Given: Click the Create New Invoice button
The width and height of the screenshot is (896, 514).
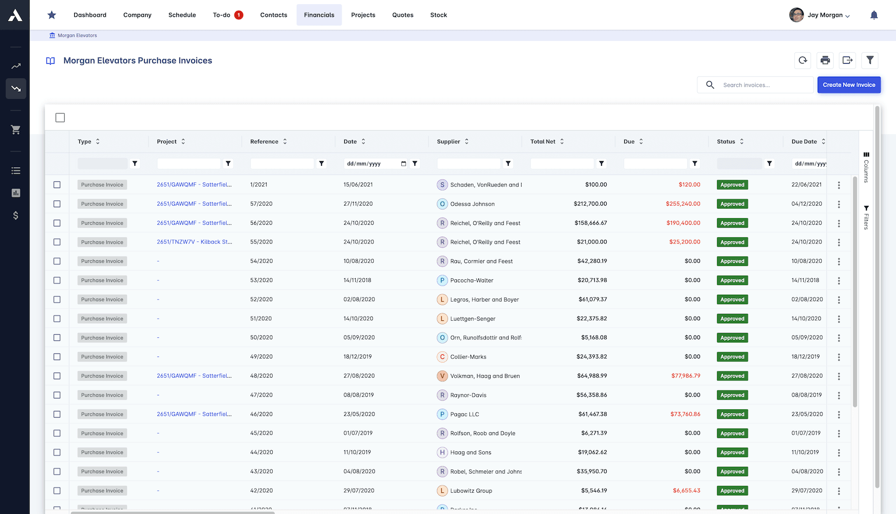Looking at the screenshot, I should point(849,85).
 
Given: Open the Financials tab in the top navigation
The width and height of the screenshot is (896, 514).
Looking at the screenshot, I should point(319,15).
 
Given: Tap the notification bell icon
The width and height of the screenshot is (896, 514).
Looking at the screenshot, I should point(874,15).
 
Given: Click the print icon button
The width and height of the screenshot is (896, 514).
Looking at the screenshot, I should point(825,61).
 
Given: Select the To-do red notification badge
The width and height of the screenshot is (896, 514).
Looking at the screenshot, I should point(239,15).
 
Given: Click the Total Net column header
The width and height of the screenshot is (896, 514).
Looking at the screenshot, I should point(543,141).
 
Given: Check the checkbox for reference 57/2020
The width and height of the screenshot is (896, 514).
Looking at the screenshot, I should point(57,204).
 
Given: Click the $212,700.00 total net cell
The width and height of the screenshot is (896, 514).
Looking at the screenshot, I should point(590,204).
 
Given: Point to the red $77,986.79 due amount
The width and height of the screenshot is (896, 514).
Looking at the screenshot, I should point(685,376).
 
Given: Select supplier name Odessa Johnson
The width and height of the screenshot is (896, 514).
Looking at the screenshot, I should point(472,204).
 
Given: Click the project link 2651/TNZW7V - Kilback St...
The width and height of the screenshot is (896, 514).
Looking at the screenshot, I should point(194,242).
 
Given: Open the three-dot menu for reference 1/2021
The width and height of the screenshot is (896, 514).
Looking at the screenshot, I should point(838,185).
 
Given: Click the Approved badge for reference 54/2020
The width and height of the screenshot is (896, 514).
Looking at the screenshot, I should point(732,262).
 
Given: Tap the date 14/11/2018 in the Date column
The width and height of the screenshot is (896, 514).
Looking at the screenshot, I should point(357,280).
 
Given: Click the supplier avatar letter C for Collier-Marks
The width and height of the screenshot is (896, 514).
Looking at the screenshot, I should point(442,357).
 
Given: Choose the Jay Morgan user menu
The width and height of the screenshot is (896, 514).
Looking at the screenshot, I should point(820,15).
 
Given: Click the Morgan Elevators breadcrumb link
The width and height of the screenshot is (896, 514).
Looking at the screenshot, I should point(77,36).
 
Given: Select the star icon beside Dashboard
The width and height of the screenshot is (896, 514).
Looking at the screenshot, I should point(52,15).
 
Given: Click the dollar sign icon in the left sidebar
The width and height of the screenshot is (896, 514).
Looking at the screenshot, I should point(16,216).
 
